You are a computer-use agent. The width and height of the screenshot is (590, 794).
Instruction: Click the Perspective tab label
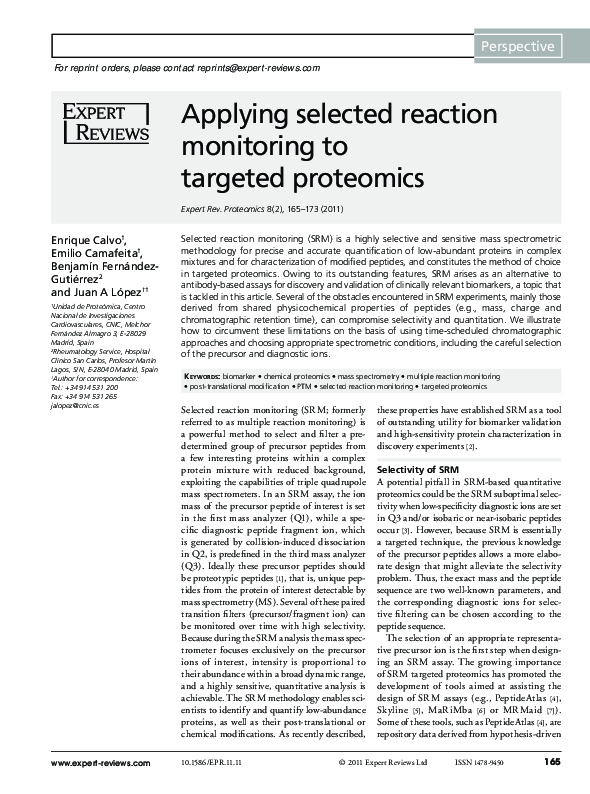point(517,47)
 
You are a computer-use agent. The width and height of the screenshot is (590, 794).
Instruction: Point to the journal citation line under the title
point(262,209)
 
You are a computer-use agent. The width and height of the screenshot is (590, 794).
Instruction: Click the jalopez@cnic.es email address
point(75,406)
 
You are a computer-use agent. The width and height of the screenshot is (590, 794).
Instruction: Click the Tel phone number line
point(83,388)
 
